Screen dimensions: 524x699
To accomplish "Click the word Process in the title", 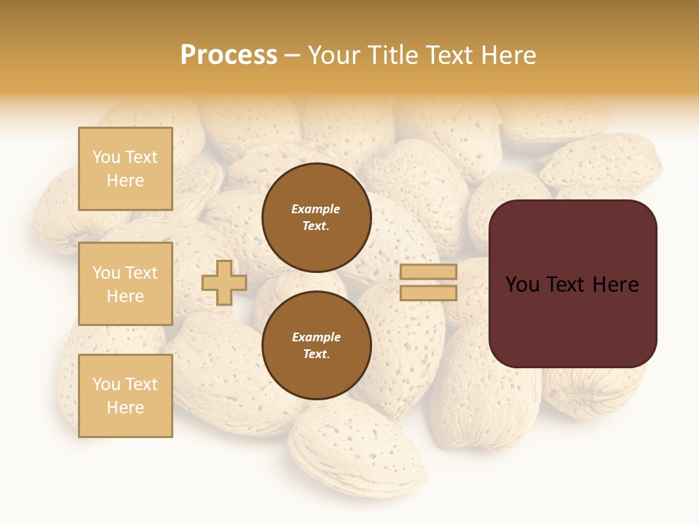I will pyautogui.click(x=229, y=55).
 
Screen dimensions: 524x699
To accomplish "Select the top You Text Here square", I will pyautogui.click(x=125, y=169).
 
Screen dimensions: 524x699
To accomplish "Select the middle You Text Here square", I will pyautogui.click(x=125, y=284).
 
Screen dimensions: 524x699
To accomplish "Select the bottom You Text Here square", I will pyautogui.click(x=125, y=395).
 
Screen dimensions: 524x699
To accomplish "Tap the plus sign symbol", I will pyautogui.click(x=224, y=282).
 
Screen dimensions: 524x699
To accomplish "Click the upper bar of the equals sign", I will pyautogui.click(x=428, y=272).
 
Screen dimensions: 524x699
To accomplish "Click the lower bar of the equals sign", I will pyautogui.click(x=428, y=293).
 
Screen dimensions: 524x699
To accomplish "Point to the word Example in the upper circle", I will pyautogui.click(x=315, y=210).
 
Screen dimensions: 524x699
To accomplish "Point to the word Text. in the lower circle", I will pyautogui.click(x=316, y=354).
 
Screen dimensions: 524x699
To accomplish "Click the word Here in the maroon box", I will pyautogui.click(x=615, y=285).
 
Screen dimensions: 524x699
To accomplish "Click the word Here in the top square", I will pyautogui.click(x=125, y=180).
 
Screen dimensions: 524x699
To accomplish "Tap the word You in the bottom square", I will pyautogui.click(x=106, y=384).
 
